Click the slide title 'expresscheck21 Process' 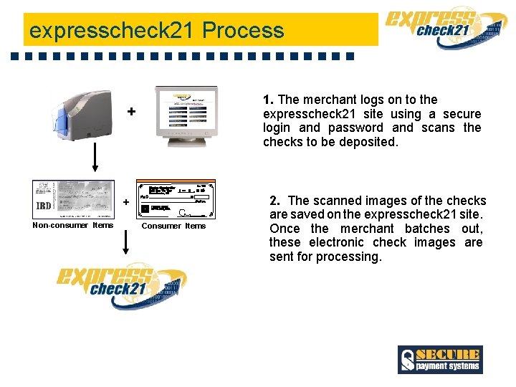156,31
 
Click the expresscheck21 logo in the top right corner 444,29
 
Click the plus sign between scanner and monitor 131,112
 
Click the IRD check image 73,199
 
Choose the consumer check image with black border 175,199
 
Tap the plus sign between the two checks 126,203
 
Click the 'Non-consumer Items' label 73,226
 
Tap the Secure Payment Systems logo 440,360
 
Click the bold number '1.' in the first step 269,100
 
